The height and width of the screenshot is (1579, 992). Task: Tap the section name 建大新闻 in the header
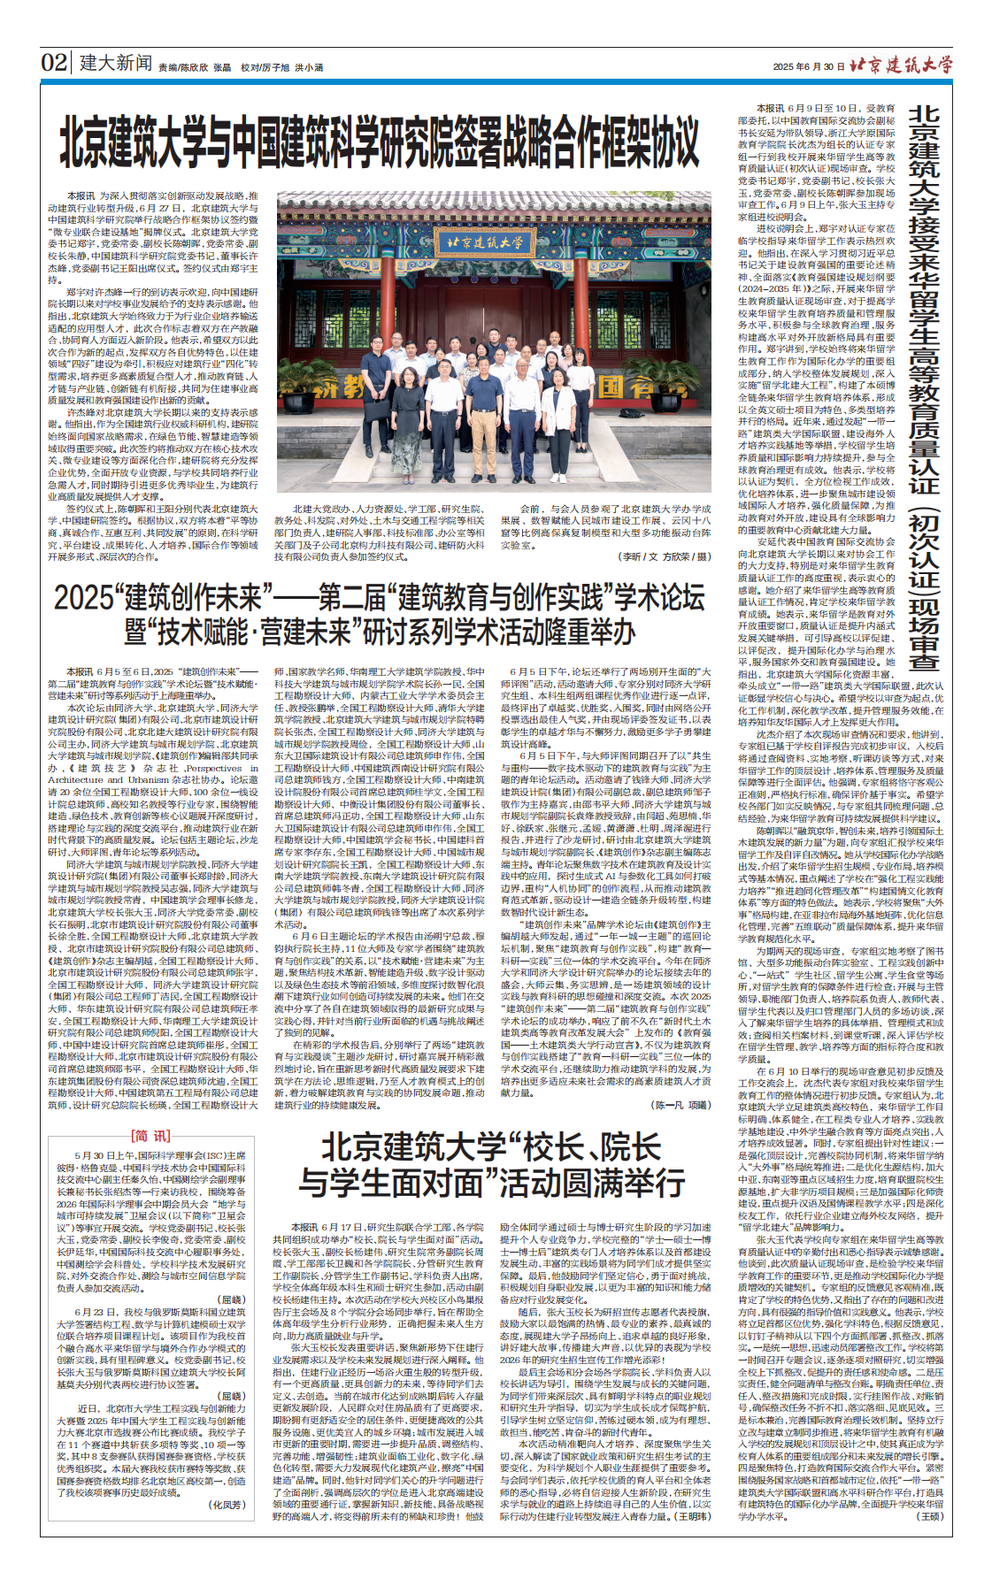(x=116, y=63)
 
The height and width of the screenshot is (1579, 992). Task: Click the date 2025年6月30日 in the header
(x=808, y=66)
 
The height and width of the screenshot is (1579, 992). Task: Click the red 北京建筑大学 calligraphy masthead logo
(x=900, y=64)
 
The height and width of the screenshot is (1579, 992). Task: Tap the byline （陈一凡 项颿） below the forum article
(x=681, y=1105)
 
